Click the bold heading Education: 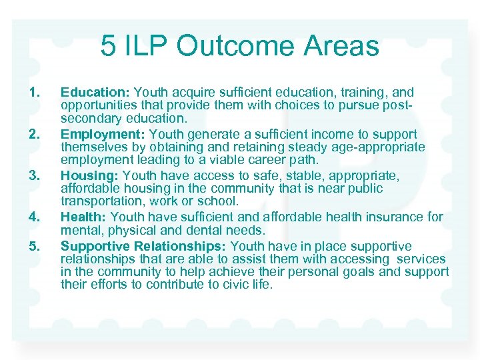pos(95,93)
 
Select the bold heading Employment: pos(101,135)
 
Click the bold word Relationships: pos(181,247)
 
